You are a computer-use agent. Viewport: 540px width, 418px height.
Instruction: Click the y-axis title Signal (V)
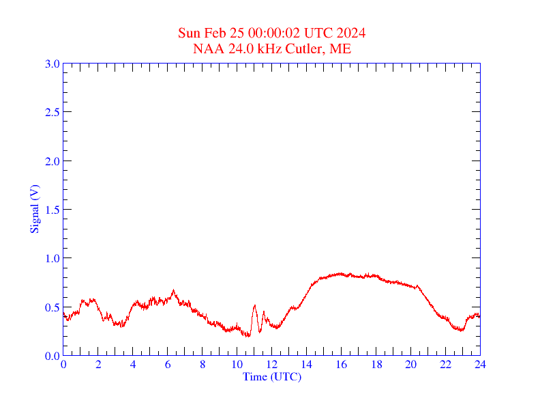pyautogui.click(x=34, y=210)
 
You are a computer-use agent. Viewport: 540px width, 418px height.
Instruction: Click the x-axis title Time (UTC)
pyautogui.click(x=272, y=376)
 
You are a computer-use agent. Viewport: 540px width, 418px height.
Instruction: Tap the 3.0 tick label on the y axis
pyautogui.click(x=52, y=64)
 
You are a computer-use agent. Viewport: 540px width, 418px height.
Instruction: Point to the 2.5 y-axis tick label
pyautogui.click(x=52, y=112)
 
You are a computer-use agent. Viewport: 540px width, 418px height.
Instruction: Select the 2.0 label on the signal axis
pyautogui.click(x=52, y=161)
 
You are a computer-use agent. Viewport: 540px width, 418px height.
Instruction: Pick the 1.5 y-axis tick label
pyautogui.click(x=52, y=210)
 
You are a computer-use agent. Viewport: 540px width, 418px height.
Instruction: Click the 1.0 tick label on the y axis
pyautogui.click(x=52, y=258)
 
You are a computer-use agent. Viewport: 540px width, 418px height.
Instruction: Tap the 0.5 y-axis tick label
pyautogui.click(x=52, y=307)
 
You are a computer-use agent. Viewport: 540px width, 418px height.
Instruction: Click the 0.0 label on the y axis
pyautogui.click(x=52, y=356)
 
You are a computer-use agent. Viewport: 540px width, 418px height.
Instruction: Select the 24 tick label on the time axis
pyautogui.click(x=480, y=365)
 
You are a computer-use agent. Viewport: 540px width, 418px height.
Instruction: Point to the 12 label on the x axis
pyautogui.click(x=272, y=365)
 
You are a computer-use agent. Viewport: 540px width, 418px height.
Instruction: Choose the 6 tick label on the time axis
pyautogui.click(x=168, y=365)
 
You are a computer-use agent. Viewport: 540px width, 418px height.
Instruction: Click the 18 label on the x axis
pyautogui.click(x=376, y=365)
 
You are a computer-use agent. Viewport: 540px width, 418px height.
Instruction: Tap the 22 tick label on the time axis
pyautogui.click(x=446, y=365)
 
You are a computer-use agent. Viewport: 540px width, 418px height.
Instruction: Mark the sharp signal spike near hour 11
pyautogui.click(x=254, y=306)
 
